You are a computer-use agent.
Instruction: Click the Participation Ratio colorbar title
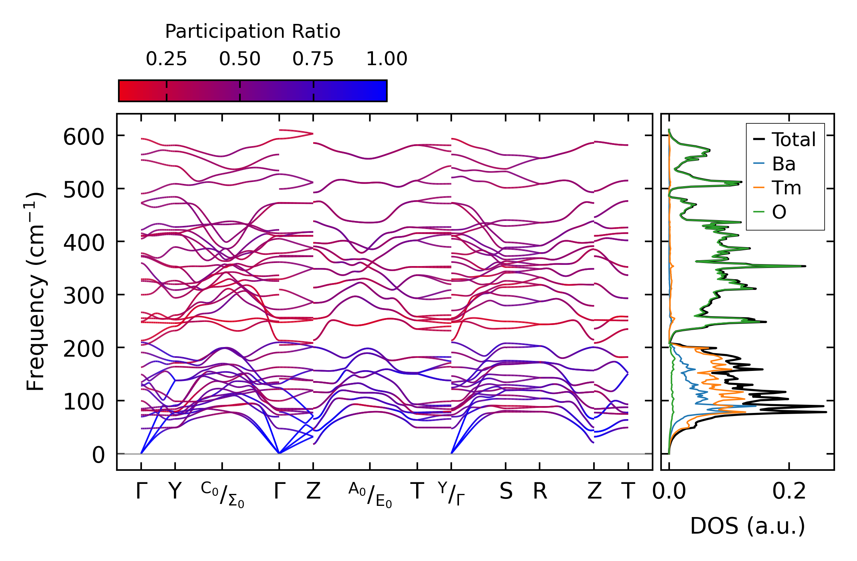click(253, 32)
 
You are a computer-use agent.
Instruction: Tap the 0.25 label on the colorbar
click(166, 59)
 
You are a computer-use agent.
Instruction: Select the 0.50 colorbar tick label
click(240, 59)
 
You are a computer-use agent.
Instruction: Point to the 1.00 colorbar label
click(386, 59)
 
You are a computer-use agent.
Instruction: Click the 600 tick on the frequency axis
click(83, 137)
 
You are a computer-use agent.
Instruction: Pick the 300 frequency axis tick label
click(83, 297)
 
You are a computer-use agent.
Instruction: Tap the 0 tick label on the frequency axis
click(98, 455)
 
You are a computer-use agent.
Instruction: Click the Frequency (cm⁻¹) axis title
click(36, 291)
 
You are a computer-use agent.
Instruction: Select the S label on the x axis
click(506, 492)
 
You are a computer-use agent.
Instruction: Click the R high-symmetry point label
click(540, 492)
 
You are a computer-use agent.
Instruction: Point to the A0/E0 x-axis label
click(370, 495)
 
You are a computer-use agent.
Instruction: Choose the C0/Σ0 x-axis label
click(222, 495)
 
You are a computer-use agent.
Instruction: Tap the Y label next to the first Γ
click(175, 492)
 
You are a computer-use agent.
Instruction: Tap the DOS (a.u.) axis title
click(747, 526)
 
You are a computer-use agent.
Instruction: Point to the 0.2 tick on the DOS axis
click(789, 492)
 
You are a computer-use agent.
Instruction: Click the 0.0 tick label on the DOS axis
click(669, 492)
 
